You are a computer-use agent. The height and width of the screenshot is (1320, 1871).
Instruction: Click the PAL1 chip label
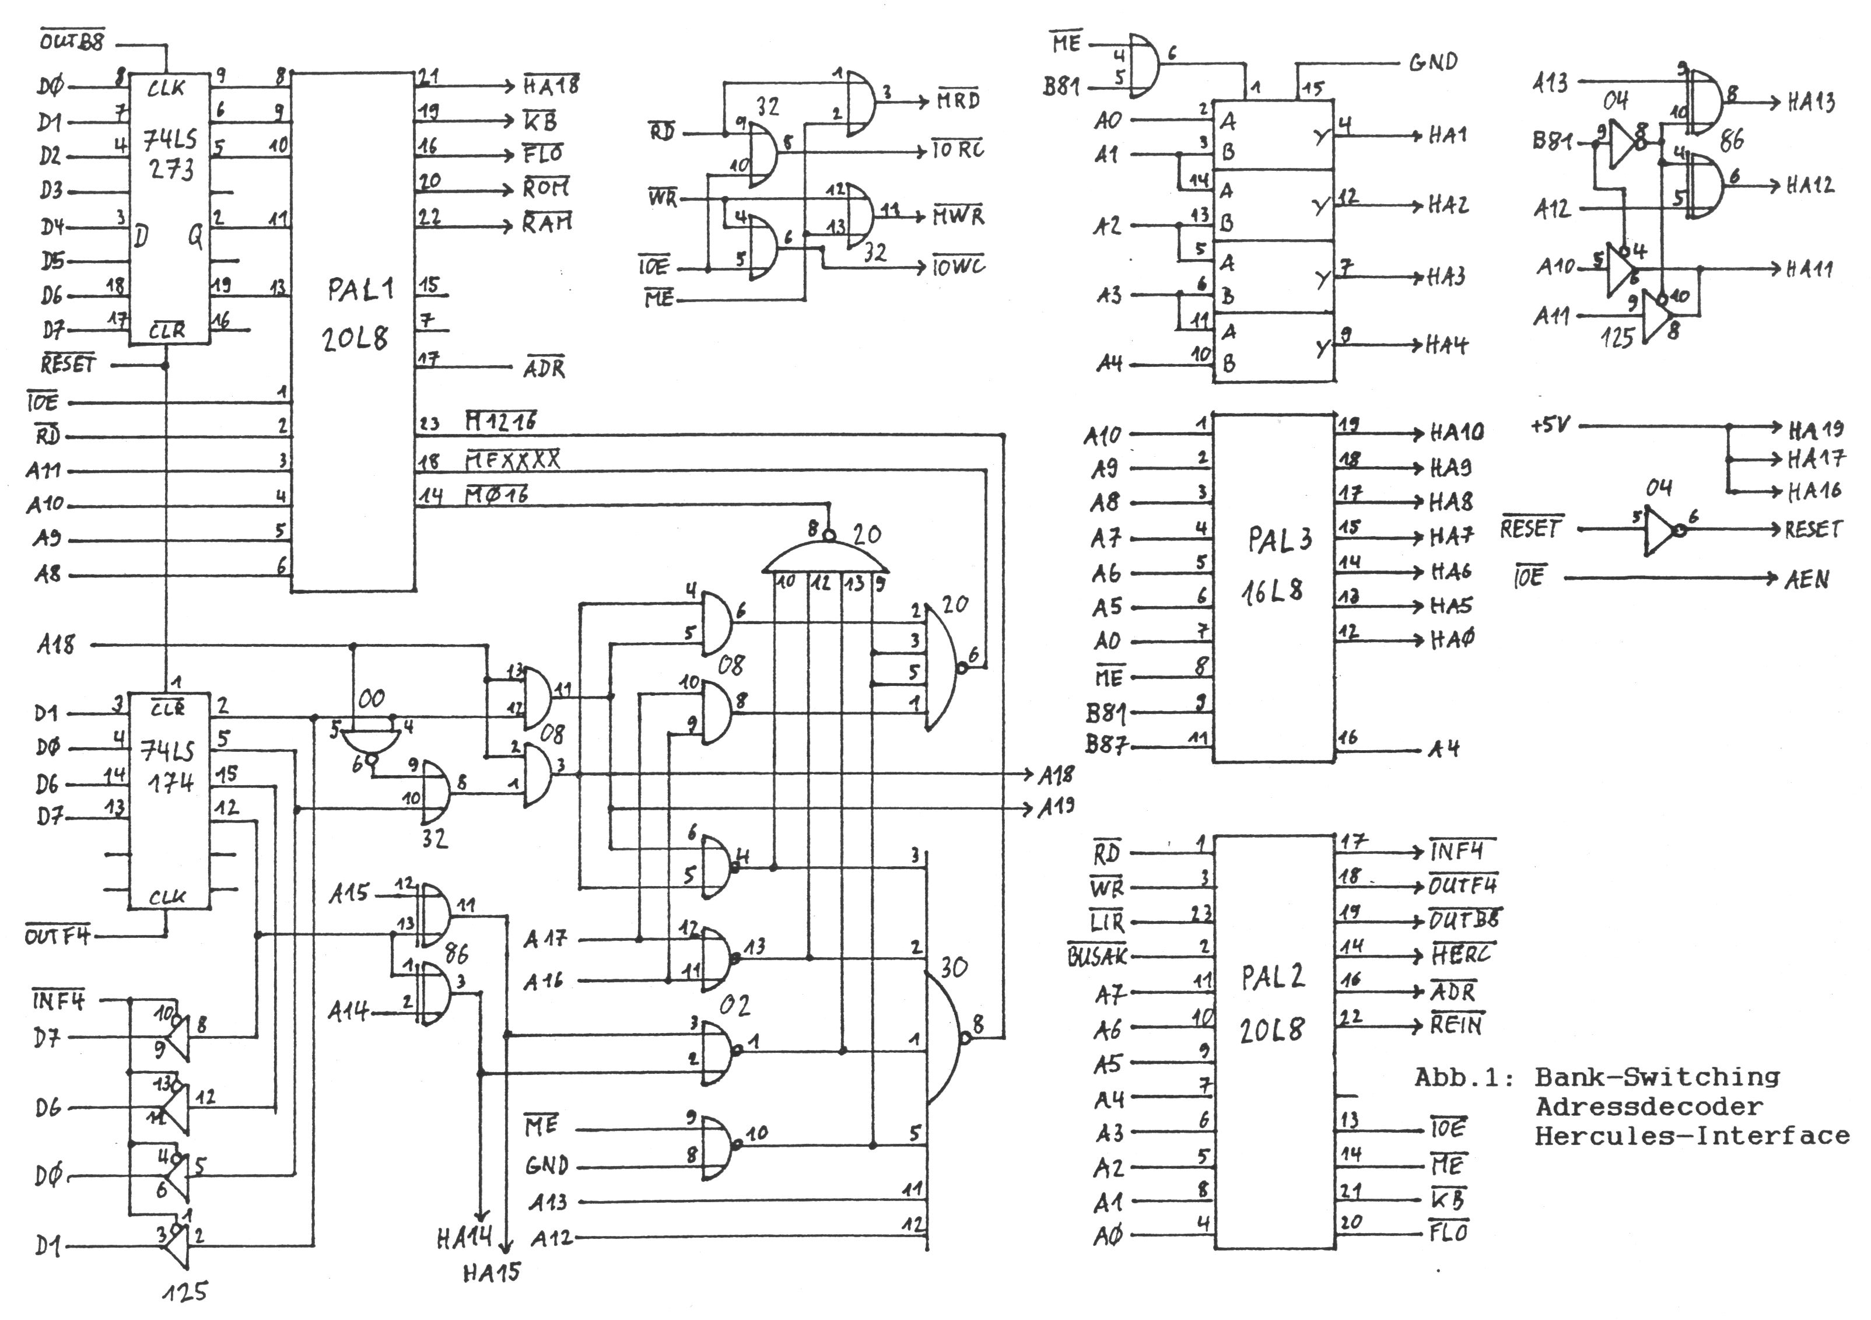point(360,289)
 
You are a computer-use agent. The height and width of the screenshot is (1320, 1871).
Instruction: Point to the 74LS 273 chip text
point(170,154)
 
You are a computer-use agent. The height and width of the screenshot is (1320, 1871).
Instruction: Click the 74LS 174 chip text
point(170,766)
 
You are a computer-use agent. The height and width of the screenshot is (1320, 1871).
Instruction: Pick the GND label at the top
point(1434,62)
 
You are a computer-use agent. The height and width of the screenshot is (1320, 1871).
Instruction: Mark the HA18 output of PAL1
point(551,85)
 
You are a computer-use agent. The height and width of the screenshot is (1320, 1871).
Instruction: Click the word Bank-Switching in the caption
point(1657,1077)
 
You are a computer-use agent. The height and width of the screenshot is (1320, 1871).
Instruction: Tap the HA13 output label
point(1811,103)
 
